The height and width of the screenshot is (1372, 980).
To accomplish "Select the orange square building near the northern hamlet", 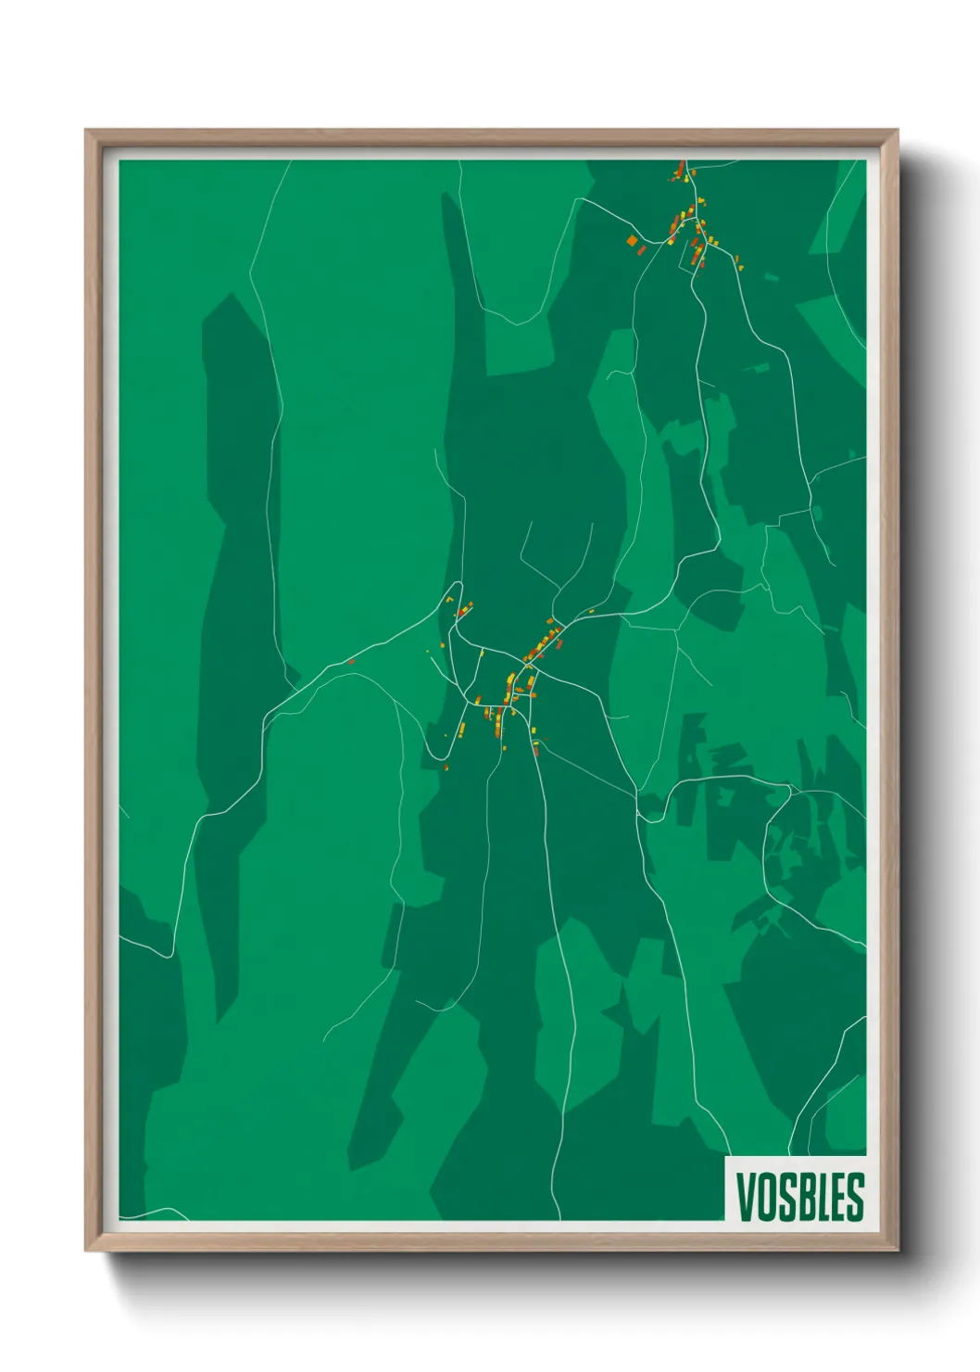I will click(633, 241).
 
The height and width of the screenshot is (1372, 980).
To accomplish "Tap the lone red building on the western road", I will click(351, 661).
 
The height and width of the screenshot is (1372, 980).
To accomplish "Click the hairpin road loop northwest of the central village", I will click(455, 590).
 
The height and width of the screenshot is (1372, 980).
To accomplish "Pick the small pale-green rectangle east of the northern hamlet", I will click(770, 274).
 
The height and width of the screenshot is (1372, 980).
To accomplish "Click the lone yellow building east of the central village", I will click(591, 611).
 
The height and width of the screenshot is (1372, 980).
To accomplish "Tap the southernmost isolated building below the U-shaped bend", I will click(446, 768).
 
